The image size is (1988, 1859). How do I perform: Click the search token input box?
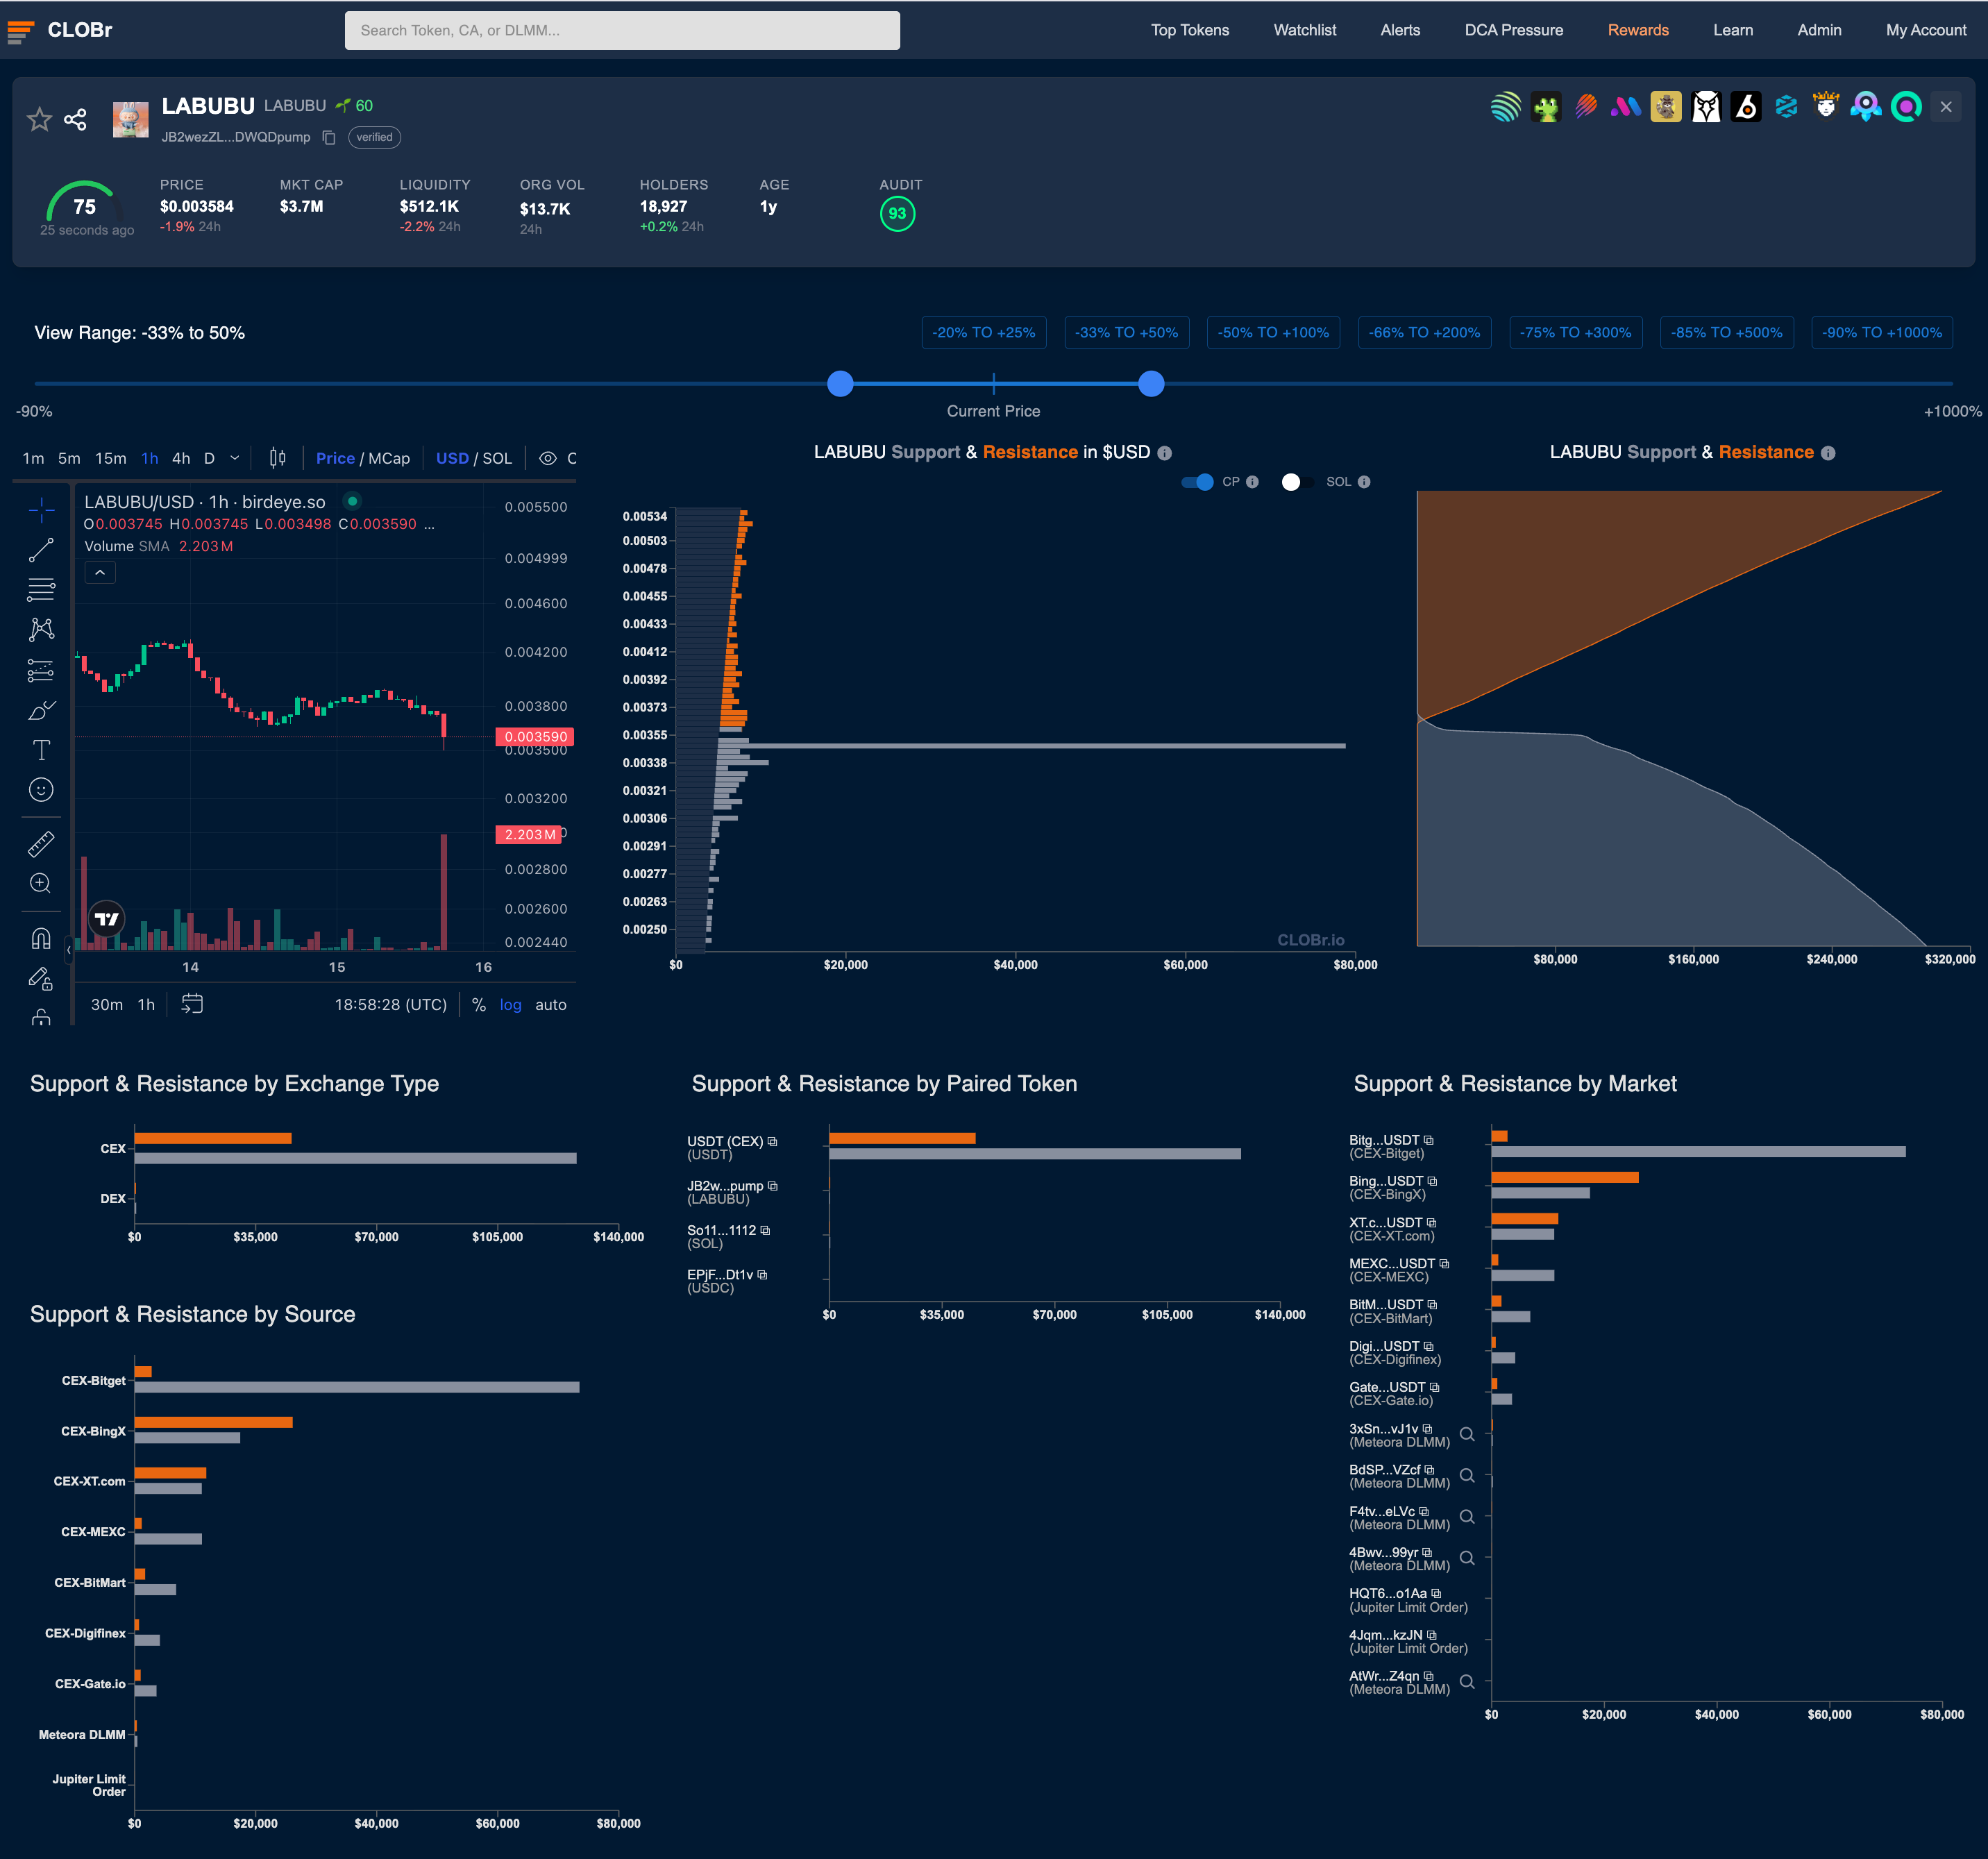pos(621,30)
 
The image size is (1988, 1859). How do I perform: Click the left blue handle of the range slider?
pos(840,383)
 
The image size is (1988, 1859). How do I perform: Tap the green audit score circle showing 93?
pos(897,213)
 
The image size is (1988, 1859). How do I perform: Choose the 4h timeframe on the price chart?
pos(181,458)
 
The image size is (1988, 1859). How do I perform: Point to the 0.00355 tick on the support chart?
pos(644,735)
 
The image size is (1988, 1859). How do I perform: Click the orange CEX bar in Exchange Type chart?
pos(213,1138)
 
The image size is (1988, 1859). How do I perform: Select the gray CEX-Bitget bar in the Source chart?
pos(357,1387)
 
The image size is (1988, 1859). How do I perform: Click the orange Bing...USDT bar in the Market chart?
pos(1564,1177)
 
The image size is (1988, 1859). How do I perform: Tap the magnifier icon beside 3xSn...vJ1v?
pos(1467,1434)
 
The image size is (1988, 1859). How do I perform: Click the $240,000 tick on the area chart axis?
pos(1831,959)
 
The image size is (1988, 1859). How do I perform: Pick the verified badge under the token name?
pos(374,137)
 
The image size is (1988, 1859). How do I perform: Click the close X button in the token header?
pos(1945,107)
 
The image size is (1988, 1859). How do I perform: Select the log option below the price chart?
pos(510,1004)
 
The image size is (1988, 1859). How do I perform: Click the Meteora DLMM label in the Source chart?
pos(82,1734)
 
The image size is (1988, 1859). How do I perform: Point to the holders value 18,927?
pos(663,206)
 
